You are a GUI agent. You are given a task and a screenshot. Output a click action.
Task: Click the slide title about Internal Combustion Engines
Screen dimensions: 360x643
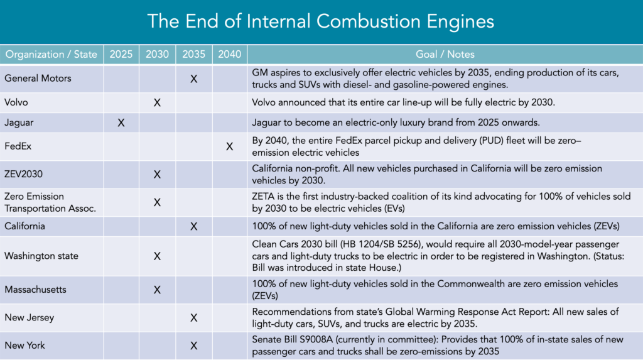321,21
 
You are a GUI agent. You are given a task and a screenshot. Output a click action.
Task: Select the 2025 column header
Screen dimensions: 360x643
121,55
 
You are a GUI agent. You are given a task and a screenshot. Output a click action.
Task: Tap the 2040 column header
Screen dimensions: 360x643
229,55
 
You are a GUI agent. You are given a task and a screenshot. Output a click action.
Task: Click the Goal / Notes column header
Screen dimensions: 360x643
445,55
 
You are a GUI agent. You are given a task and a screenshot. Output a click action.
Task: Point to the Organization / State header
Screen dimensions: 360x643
51,55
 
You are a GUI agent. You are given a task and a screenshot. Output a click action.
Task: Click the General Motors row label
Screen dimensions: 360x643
38,79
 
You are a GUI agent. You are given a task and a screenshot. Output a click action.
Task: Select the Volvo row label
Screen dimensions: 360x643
18,102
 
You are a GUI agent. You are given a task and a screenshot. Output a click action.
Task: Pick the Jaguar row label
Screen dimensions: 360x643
20,123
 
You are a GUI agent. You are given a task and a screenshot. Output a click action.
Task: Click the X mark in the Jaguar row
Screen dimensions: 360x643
121,123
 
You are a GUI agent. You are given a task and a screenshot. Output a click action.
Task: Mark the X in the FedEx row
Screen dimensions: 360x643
229,146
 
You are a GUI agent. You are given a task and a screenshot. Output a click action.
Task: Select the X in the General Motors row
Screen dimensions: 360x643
194,79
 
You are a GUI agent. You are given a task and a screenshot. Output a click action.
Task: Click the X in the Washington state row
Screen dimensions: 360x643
158,256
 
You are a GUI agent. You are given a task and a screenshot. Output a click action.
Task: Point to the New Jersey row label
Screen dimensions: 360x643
29,318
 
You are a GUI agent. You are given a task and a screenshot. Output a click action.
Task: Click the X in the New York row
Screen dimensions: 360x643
194,346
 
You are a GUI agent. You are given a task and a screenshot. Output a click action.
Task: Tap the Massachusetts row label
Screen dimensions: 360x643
35,290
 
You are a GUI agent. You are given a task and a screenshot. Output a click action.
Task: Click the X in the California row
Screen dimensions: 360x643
194,226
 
